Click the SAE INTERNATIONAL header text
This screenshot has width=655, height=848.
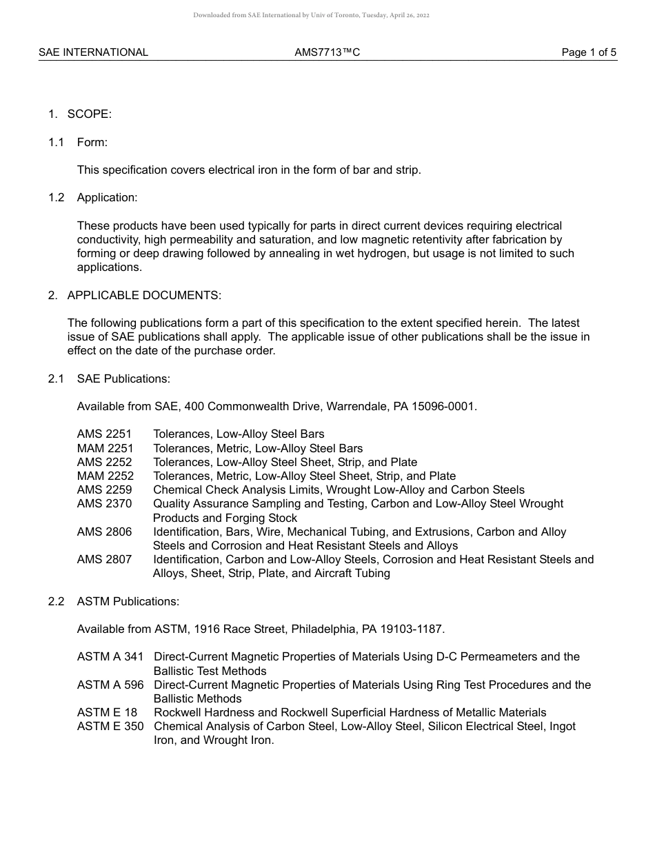coord(93,52)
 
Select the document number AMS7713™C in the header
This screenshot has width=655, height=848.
coord(327,52)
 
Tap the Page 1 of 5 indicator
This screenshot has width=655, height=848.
coord(589,52)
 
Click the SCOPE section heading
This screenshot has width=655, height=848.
coord(89,114)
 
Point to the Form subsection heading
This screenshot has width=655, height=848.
coord(92,143)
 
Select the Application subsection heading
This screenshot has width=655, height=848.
coord(107,198)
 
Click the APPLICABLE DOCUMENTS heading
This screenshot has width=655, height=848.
coord(144,295)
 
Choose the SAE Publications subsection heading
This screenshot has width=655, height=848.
coord(123,378)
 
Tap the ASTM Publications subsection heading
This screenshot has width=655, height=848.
coord(128,601)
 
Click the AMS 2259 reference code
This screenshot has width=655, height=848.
coord(104,490)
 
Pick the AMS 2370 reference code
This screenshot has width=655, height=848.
coord(104,504)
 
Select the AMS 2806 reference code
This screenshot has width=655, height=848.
coord(104,532)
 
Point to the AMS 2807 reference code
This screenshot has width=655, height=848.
coord(104,560)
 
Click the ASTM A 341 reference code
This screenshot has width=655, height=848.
coord(110,657)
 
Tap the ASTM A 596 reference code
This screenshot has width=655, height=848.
coord(110,685)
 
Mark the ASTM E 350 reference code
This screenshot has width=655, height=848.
coord(110,727)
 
